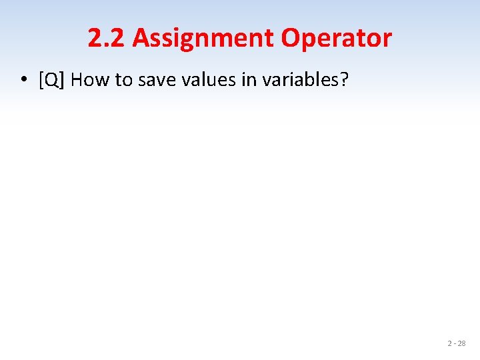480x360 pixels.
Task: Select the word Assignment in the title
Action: [203, 39]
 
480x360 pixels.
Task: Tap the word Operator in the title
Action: [336, 39]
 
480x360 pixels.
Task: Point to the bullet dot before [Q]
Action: [23, 81]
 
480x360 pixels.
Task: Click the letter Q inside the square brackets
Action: [51, 80]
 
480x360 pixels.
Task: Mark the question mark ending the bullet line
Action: [345, 80]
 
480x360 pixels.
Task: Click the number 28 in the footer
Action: [461, 343]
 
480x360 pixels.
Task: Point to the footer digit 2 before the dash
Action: [450, 343]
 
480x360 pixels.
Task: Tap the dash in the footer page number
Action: [455, 344]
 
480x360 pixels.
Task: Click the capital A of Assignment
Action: [141, 39]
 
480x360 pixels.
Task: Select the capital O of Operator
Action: [290, 39]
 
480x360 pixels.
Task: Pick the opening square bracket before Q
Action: [41, 81]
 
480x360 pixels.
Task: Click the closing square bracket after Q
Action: [60, 81]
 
